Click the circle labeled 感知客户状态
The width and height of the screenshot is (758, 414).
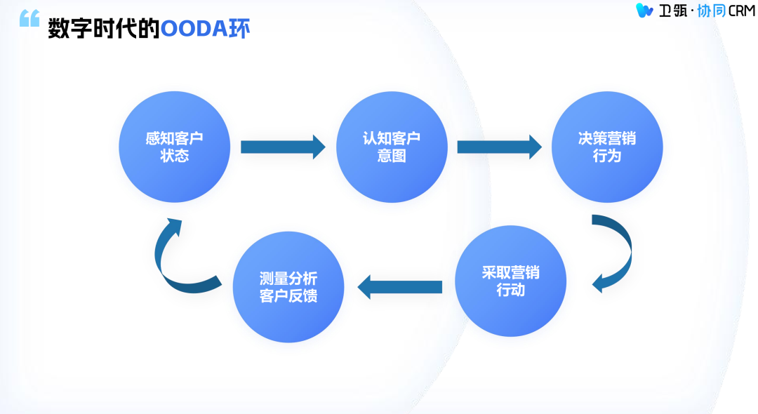point(175,147)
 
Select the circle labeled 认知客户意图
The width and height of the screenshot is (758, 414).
point(392,147)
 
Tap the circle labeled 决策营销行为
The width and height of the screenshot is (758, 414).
point(607,147)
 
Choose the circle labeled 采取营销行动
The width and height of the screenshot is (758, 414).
point(510,281)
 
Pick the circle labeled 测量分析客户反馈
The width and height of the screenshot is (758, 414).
point(288,287)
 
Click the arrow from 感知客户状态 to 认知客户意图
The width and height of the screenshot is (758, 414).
point(283,147)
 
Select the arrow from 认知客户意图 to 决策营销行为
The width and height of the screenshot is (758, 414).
point(499,147)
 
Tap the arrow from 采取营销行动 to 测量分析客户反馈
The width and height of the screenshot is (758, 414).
point(399,286)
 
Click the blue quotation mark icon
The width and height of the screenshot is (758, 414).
point(29,19)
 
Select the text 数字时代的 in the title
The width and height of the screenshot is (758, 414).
point(104,29)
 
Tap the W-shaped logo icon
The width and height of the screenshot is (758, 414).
point(644,11)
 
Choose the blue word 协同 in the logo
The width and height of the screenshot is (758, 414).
point(708,11)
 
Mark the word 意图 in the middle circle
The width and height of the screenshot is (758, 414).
point(392,156)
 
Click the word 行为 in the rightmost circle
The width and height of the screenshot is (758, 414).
point(607,156)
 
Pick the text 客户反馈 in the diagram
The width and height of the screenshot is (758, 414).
point(288,295)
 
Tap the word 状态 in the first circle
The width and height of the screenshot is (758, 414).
point(175,156)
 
